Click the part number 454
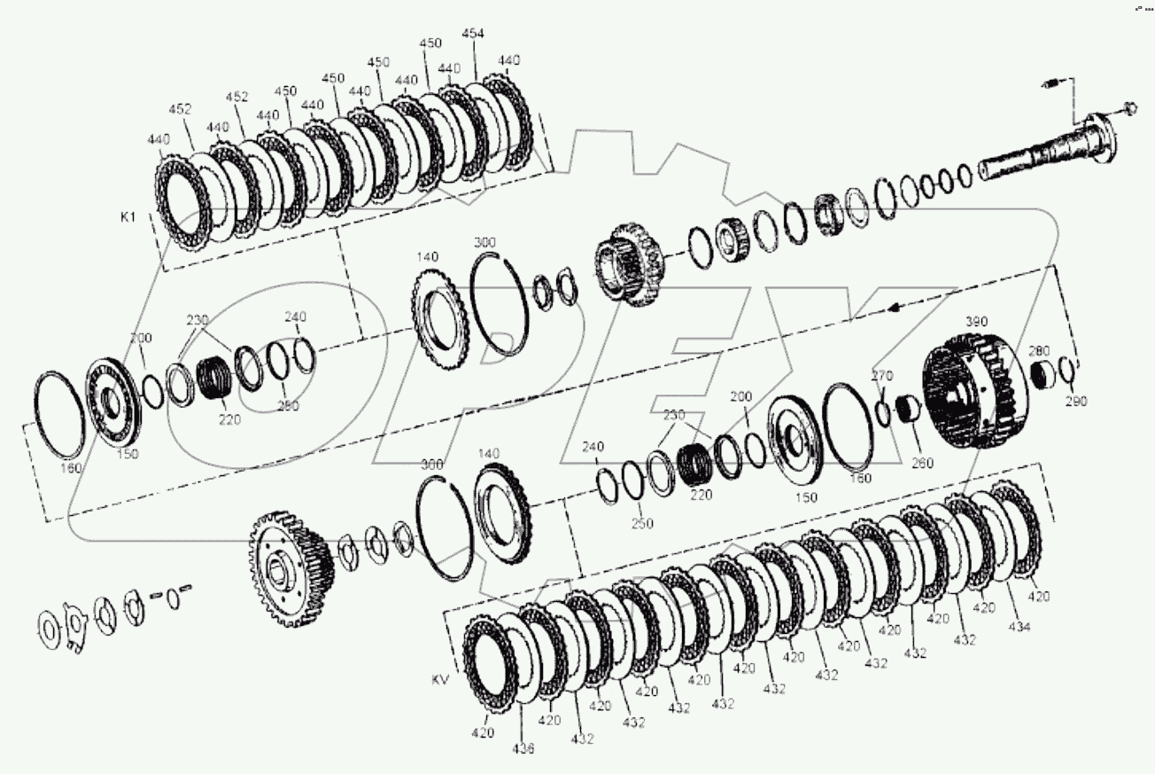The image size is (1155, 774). pyautogui.click(x=473, y=34)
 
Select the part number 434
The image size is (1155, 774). pyautogui.click(x=1019, y=627)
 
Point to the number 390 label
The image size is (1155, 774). pyautogui.click(x=976, y=320)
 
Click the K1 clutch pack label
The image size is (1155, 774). pyautogui.click(x=129, y=216)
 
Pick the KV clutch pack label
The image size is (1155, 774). pyautogui.click(x=441, y=680)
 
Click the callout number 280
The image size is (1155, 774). pyautogui.click(x=1039, y=351)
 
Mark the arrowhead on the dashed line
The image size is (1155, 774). pyautogui.click(x=895, y=306)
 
